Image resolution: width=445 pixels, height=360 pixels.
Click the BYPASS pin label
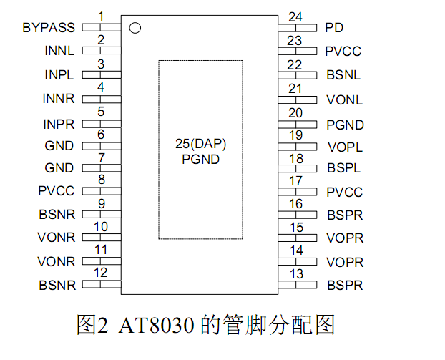pyautogui.click(x=48, y=28)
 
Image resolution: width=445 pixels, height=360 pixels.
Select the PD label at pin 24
pyautogui.click(x=333, y=28)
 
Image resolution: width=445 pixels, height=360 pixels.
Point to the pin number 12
pyautogui.click(x=101, y=273)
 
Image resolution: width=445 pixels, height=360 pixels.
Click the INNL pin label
pyautogui.click(x=59, y=52)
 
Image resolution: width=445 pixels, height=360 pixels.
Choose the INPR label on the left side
pyautogui.click(x=59, y=124)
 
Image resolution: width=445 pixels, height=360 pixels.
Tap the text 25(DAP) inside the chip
pyautogui.click(x=200, y=145)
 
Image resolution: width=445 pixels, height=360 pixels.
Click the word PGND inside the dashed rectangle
pyautogui.click(x=200, y=160)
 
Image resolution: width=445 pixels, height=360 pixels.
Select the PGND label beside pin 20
pyautogui.click(x=345, y=125)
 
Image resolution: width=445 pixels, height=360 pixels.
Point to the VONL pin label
pyautogui.click(x=344, y=100)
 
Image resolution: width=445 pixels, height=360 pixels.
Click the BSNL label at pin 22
pyautogui.click(x=343, y=75)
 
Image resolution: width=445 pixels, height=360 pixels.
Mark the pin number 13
pyautogui.click(x=295, y=273)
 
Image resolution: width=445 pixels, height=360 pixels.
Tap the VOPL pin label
pyautogui.click(x=344, y=147)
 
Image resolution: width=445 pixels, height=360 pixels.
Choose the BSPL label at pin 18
pyautogui.click(x=343, y=169)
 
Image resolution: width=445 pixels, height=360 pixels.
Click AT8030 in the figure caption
pyautogui.click(x=153, y=326)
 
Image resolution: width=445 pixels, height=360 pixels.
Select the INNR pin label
pyautogui.click(x=59, y=99)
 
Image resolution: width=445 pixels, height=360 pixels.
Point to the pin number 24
pyautogui.click(x=295, y=17)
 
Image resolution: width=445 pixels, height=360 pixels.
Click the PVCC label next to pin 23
pyautogui.click(x=343, y=52)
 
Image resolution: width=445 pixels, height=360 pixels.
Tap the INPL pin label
pyautogui.click(x=59, y=75)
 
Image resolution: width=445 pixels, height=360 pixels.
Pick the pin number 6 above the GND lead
pyautogui.click(x=101, y=134)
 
